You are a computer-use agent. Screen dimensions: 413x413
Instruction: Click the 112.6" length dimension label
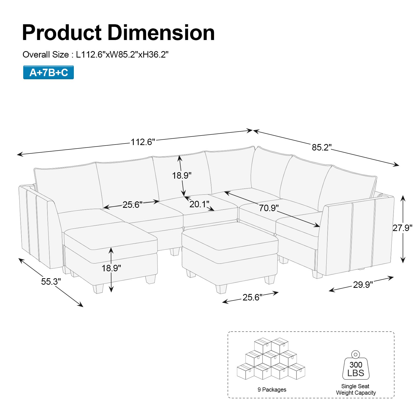click(143, 142)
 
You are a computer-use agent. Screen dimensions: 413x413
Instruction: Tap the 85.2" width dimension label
click(321, 147)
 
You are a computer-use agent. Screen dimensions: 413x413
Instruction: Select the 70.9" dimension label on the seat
click(269, 208)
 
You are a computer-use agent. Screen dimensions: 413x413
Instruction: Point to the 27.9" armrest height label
click(402, 228)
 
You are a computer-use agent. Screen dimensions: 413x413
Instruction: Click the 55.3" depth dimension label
click(51, 282)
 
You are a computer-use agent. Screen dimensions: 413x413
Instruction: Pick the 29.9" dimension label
click(363, 285)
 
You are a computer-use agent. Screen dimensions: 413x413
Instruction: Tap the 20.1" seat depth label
click(199, 204)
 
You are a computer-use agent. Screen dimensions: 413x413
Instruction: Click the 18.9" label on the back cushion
click(182, 176)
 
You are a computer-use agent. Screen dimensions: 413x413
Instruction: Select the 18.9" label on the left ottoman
click(111, 268)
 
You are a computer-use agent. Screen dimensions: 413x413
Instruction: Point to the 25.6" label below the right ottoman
click(252, 297)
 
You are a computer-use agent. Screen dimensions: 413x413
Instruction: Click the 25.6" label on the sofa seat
click(132, 205)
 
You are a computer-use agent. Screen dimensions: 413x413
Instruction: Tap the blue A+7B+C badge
click(49, 73)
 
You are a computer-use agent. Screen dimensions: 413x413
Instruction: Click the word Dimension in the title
click(161, 33)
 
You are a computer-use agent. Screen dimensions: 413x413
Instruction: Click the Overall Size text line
click(96, 55)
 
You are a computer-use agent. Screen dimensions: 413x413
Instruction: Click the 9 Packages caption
click(272, 390)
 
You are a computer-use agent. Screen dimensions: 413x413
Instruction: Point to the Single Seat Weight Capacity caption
click(356, 390)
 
